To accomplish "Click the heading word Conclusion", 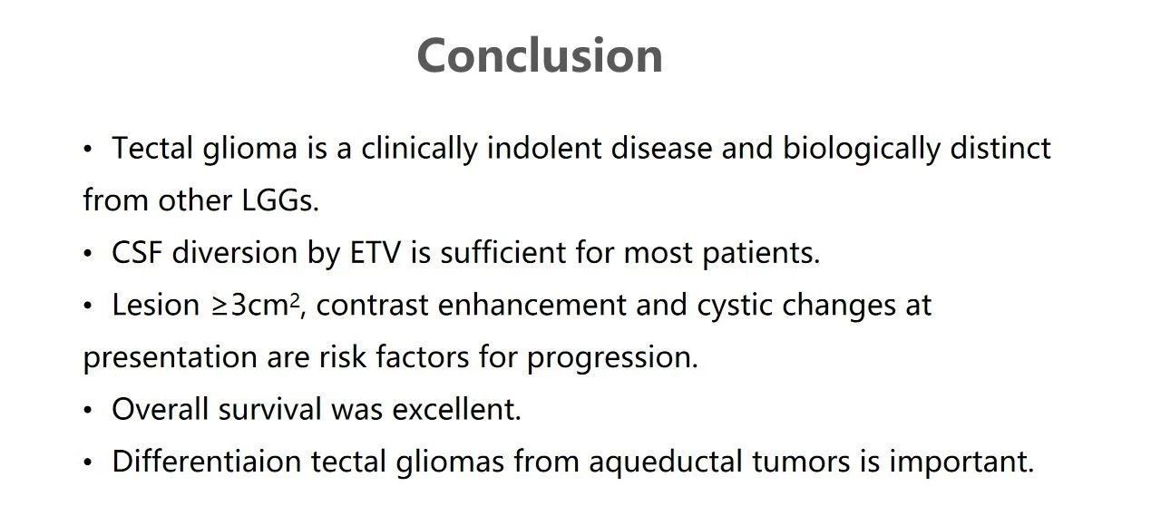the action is (540, 55).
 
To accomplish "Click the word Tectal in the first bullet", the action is (152, 148).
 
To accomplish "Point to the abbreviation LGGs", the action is (280, 200).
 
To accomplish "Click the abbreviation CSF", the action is (137, 252).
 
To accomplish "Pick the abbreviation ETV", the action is (376, 252).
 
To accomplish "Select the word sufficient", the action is (502, 252).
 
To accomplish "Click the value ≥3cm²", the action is (256, 305).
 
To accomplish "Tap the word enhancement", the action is (532, 305).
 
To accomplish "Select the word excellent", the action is (456, 409).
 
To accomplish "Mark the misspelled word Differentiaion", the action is (207, 461).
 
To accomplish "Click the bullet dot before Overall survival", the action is (88, 410).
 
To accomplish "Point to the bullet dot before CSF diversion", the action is (88, 254).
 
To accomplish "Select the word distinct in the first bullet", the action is (1000, 148).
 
